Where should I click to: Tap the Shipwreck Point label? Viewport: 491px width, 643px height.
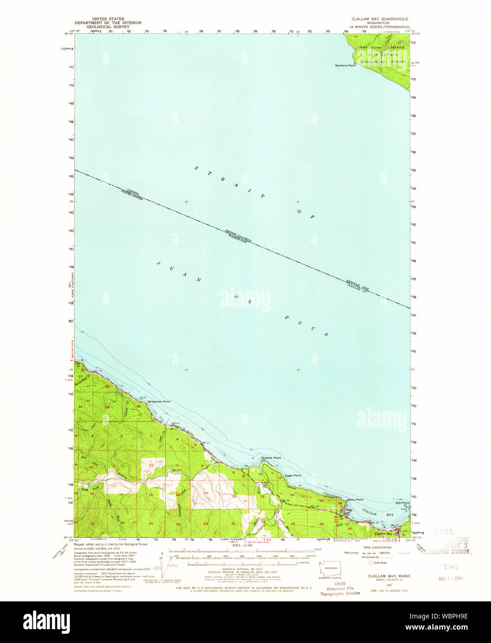point(159,402)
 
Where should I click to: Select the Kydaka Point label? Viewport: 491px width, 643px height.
point(271,458)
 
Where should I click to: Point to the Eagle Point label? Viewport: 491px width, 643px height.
point(293,475)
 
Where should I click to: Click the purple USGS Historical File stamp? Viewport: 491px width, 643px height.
point(340,588)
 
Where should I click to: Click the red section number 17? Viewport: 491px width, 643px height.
point(206,493)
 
